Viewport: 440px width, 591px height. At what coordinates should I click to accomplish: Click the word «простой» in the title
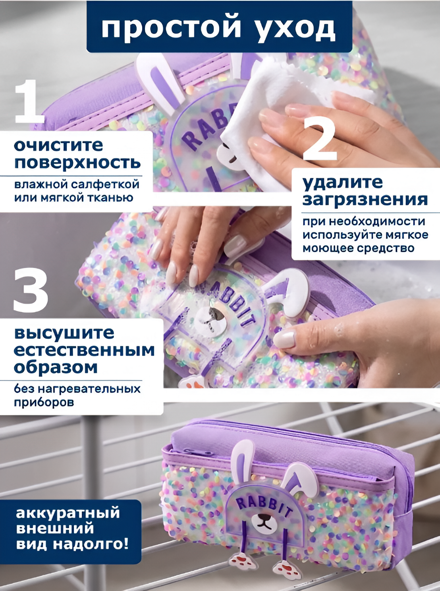coord(170,28)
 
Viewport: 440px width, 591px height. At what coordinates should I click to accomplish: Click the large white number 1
coord(29,101)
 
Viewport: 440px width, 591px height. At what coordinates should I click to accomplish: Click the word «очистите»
coord(59,146)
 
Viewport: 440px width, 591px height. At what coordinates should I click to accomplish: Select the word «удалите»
coord(343,183)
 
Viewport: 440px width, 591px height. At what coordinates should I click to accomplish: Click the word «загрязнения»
coord(365,200)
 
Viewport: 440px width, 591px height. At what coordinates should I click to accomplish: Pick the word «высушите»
coord(64,333)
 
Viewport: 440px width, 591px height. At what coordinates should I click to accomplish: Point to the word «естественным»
coord(84,350)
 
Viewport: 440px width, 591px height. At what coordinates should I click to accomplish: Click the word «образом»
coord(55,367)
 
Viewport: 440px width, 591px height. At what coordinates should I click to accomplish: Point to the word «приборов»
coord(44,403)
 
